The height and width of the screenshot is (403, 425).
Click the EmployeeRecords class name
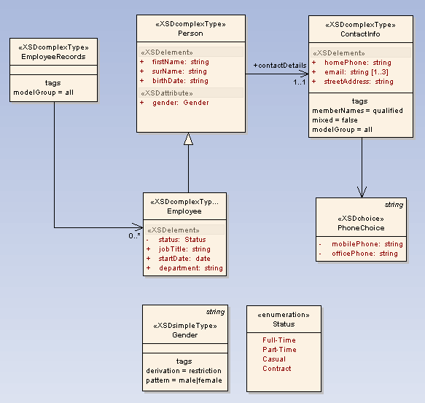[53, 56]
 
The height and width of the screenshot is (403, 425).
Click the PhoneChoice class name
[361, 228]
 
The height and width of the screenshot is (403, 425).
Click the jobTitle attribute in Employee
[184, 249]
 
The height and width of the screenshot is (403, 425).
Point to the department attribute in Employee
[190, 268]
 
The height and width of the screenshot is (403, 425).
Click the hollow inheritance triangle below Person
[188, 139]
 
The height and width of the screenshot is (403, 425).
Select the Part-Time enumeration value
[279, 350]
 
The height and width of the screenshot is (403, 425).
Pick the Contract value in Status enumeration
[276, 369]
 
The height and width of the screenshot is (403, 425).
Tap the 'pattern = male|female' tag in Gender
[184, 380]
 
